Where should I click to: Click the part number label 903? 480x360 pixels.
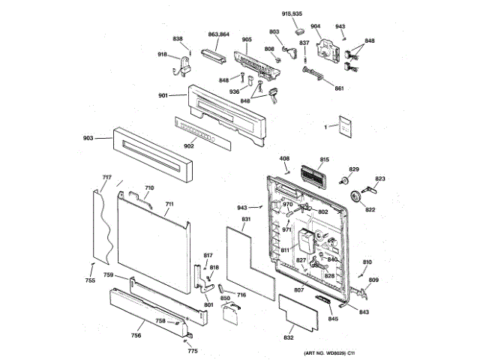pyautogui.click(x=88, y=138)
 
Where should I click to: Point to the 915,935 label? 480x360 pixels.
pyautogui.click(x=292, y=14)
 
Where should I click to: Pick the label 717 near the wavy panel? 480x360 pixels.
pyautogui.click(x=106, y=178)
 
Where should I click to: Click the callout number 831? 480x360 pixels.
pyautogui.click(x=245, y=218)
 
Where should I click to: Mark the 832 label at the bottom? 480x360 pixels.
pyautogui.click(x=289, y=338)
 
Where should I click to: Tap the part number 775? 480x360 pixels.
pyautogui.click(x=193, y=350)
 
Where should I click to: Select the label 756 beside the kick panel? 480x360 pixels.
pyautogui.click(x=136, y=334)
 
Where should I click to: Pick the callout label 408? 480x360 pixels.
pyautogui.click(x=285, y=159)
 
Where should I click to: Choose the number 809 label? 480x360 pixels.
pyautogui.click(x=373, y=280)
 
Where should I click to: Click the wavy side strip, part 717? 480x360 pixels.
pyautogui.click(x=103, y=225)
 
